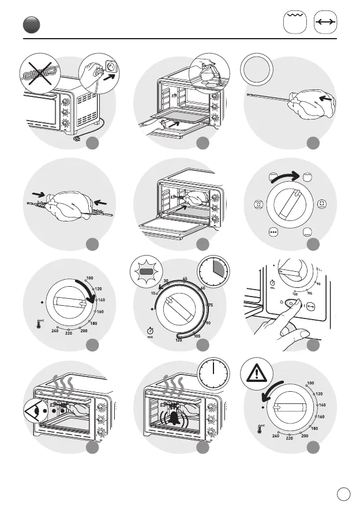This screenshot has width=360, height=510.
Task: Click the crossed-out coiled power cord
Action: (x=38, y=74)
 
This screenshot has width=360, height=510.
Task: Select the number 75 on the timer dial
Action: (x=210, y=305)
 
